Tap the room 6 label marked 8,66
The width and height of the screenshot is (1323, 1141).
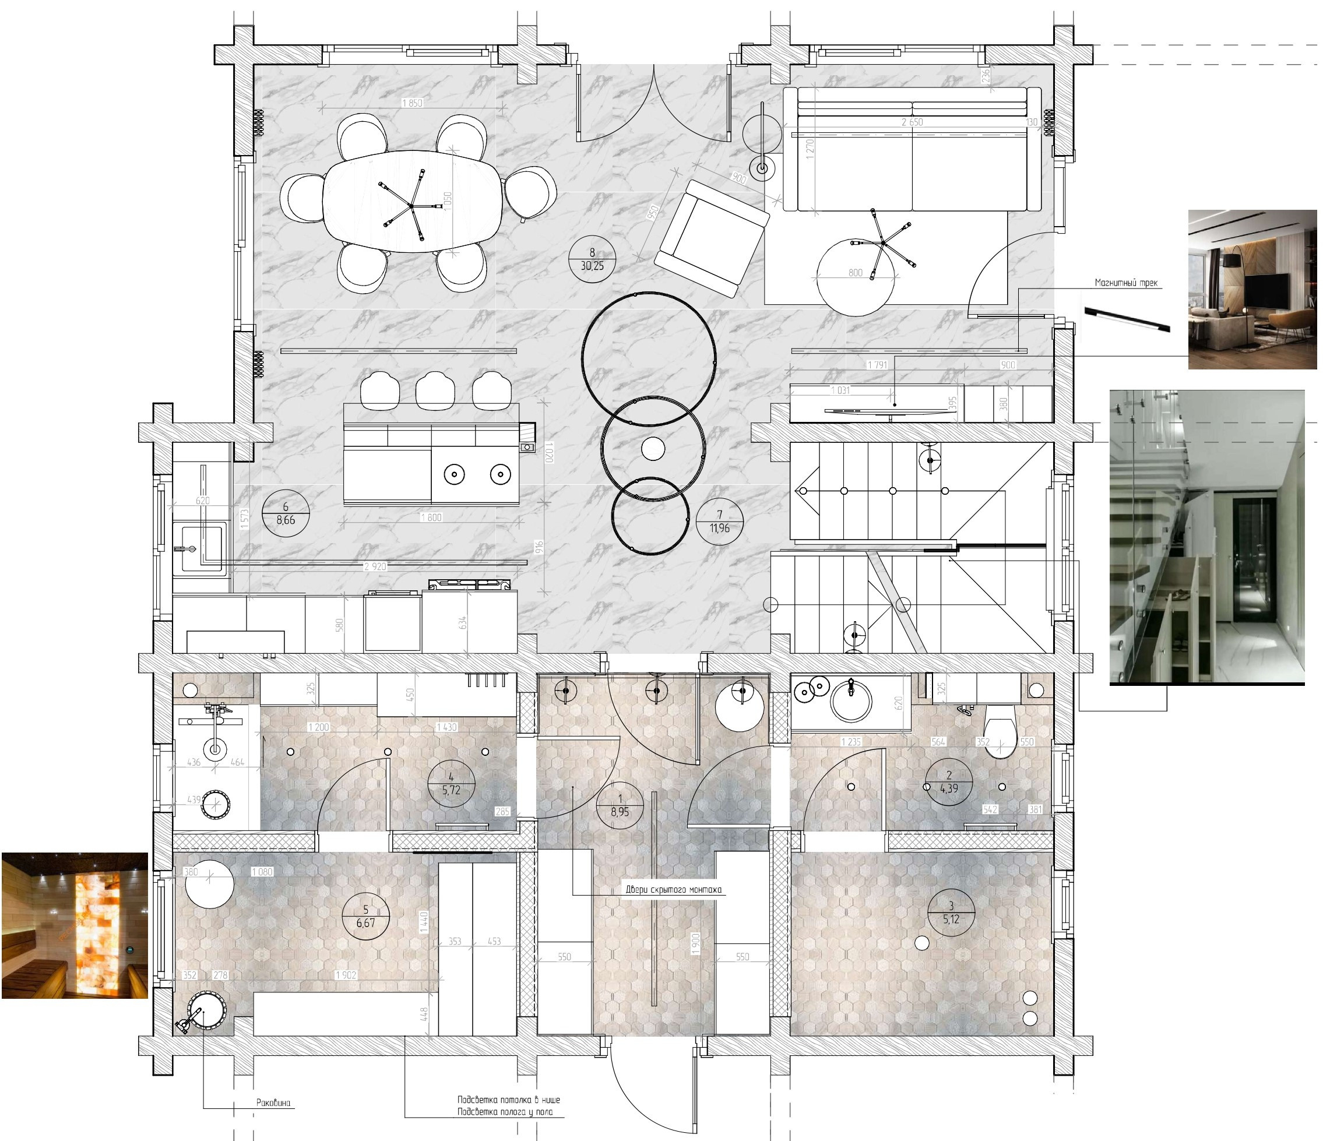point(286,513)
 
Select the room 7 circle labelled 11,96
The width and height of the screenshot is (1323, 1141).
point(720,521)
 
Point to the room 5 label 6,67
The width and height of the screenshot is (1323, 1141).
point(365,916)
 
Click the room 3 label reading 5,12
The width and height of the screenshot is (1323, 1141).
point(951,913)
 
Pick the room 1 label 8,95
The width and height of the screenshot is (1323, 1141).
point(620,805)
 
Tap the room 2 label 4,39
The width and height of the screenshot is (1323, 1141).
point(949,781)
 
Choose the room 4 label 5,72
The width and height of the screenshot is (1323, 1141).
point(451,783)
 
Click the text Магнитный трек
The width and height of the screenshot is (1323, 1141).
point(1125,283)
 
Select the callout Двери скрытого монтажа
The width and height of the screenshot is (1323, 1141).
point(673,889)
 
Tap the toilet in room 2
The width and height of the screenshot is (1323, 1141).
point(1001,728)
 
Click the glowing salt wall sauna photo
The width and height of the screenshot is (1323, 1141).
point(75,926)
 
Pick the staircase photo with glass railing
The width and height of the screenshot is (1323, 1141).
point(1207,536)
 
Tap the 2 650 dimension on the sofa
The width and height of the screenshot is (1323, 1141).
point(912,122)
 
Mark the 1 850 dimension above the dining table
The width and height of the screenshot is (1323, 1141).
point(412,103)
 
